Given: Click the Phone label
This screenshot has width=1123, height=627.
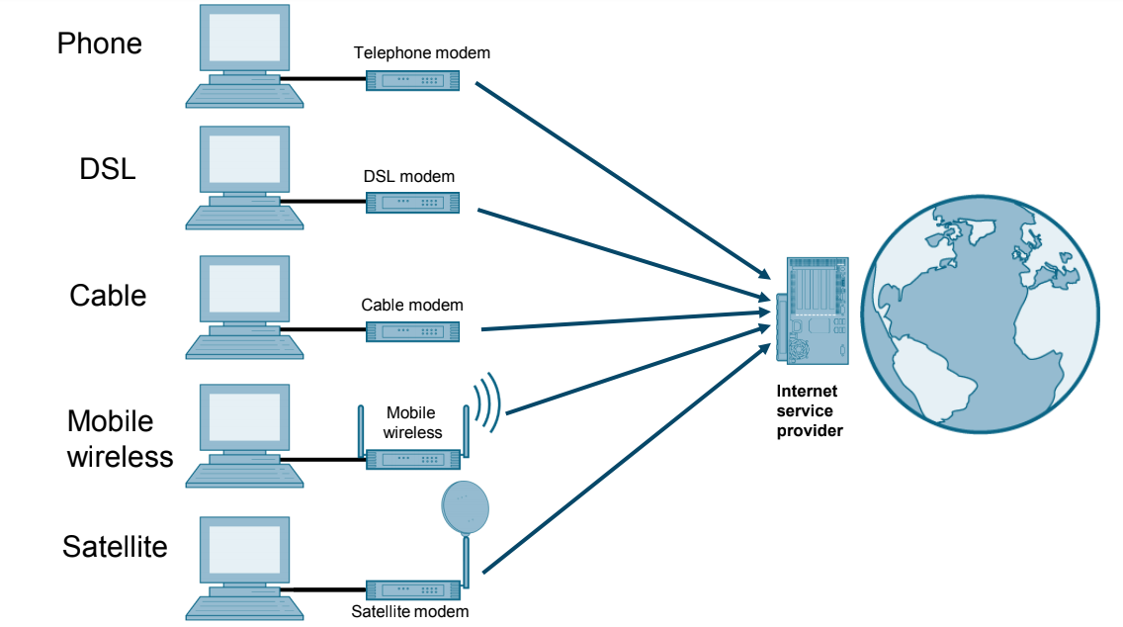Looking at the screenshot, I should (x=99, y=44).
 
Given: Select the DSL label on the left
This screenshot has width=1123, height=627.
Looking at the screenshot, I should (x=107, y=169).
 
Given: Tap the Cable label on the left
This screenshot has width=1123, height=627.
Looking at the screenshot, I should (x=108, y=296).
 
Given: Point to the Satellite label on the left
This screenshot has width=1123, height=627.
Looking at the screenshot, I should (x=115, y=547).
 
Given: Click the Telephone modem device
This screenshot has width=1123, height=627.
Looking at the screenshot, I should (x=413, y=80).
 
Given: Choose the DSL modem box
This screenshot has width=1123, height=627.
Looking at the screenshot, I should (x=413, y=203).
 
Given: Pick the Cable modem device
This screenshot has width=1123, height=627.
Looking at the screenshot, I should (x=413, y=331).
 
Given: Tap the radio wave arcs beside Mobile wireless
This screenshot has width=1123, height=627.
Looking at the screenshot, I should (x=486, y=403).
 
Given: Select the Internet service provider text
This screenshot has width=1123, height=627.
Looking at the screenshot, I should (x=810, y=410).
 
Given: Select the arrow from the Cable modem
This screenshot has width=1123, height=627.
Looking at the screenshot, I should (x=623, y=320).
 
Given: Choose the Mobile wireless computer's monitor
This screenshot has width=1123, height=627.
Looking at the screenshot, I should (x=245, y=418).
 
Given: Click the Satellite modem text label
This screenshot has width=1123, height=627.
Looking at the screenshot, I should (x=409, y=612).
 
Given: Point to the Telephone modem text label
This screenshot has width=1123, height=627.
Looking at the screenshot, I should (x=422, y=52).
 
